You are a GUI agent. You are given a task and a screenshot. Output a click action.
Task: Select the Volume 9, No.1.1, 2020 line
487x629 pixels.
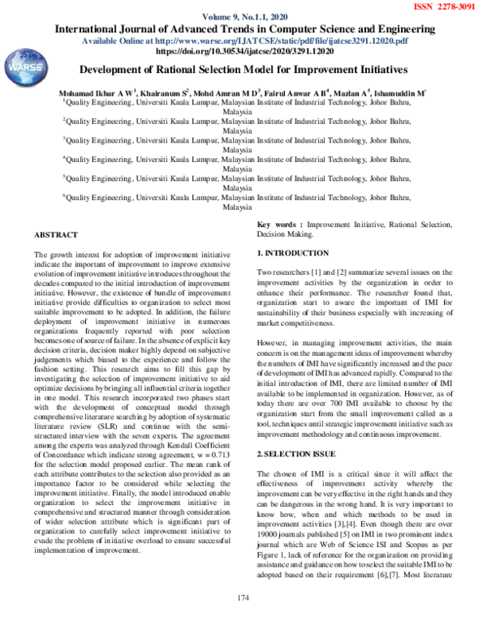243,17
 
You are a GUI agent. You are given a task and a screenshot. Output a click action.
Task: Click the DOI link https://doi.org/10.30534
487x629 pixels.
244,50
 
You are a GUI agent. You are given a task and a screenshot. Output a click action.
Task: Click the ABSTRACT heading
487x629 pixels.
56,235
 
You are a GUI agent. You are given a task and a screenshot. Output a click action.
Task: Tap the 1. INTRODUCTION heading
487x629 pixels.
293,254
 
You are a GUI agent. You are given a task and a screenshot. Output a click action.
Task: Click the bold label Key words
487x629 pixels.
279,225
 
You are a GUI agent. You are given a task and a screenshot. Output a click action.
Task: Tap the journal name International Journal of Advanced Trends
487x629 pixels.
243,29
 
